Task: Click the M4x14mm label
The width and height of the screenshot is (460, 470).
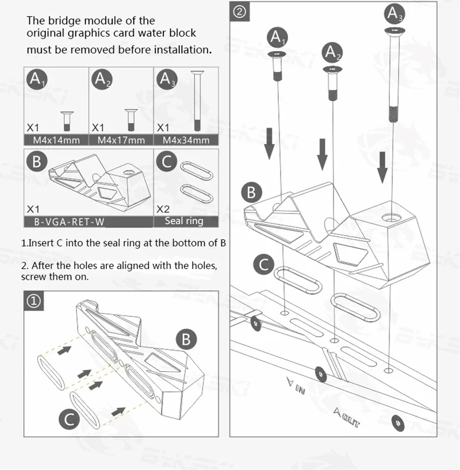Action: [x=56, y=140]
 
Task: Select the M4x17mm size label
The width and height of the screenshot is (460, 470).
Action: [x=121, y=140]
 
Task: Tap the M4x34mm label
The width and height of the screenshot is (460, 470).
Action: [x=186, y=140]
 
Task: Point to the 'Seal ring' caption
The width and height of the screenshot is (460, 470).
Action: [x=184, y=221]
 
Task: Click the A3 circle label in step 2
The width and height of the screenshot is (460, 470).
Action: [x=394, y=14]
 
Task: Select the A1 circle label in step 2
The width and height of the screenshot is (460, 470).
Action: [x=278, y=38]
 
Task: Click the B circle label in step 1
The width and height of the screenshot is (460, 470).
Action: [x=185, y=339]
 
